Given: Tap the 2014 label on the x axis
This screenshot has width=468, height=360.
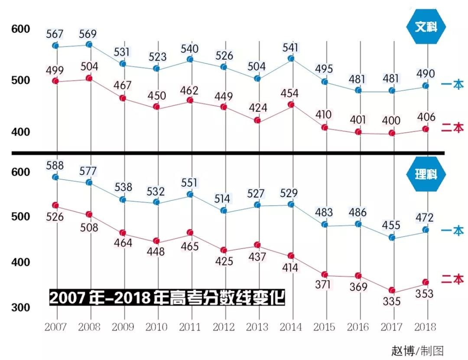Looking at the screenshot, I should pyautogui.click(x=290, y=327).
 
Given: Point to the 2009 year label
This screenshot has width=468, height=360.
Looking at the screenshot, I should pyautogui.click(x=123, y=327).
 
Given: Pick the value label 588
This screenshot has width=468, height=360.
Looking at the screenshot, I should pyautogui.click(x=55, y=166).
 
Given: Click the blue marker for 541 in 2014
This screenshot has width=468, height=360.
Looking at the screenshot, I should pyautogui.click(x=291, y=58).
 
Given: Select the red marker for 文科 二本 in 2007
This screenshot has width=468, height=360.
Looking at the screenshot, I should pyautogui.click(x=55, y=81).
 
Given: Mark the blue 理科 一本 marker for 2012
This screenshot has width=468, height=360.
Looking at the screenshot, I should pyautogui.click(x=224, y=210).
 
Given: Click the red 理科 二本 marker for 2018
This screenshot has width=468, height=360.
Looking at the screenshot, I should pyautogui.click(x=426, y=282).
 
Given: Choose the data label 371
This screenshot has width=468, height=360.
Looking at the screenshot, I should pyautogui.click(x=323, y=285).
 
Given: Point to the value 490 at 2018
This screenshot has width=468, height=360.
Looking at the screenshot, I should pyautogui.click(x=425, y=74).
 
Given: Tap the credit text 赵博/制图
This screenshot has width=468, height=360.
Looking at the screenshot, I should pyautogui.click(x=417, y=350).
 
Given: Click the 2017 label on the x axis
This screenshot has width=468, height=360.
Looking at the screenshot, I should pyautogui.click(x=391, y=327).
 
